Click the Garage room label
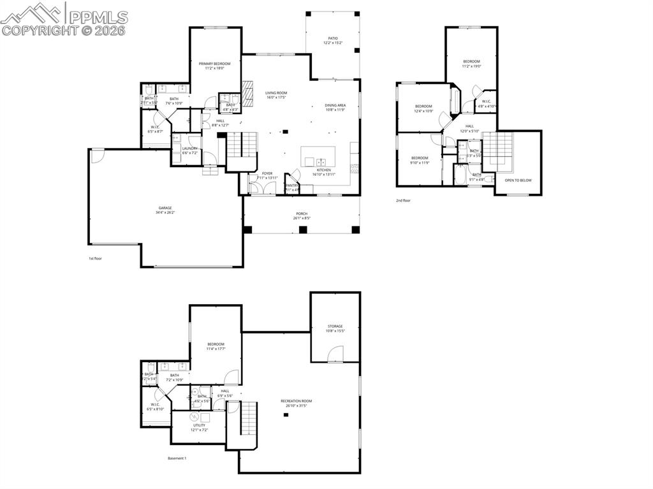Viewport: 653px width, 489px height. pos(164,209)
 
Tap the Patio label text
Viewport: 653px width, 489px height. pos(332,38)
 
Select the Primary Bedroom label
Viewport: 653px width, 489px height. pos(214,64)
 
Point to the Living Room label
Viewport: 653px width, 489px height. pos(276,93)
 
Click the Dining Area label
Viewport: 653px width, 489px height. pos(335,106)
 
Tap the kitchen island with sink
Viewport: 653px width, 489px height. pos(318,156)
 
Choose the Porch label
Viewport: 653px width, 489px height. pos(302,214)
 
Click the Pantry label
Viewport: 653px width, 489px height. pos(292,186)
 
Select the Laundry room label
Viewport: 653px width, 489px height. pos(189,149)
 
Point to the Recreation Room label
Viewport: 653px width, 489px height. pos(297,401)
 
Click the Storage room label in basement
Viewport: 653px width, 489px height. pos(335,326)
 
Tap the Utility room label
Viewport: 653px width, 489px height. pos(199,425)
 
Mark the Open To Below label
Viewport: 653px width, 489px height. pos(518,180)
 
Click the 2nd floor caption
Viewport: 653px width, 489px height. pos(403,200)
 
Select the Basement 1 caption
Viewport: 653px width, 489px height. pos(177,458)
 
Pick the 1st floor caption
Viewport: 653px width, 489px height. pos(96,259)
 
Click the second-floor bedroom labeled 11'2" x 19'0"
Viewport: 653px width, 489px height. pos(471,62)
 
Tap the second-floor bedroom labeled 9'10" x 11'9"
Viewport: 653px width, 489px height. pos(420,158)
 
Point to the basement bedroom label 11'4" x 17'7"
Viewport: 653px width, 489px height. pos(216,344)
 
